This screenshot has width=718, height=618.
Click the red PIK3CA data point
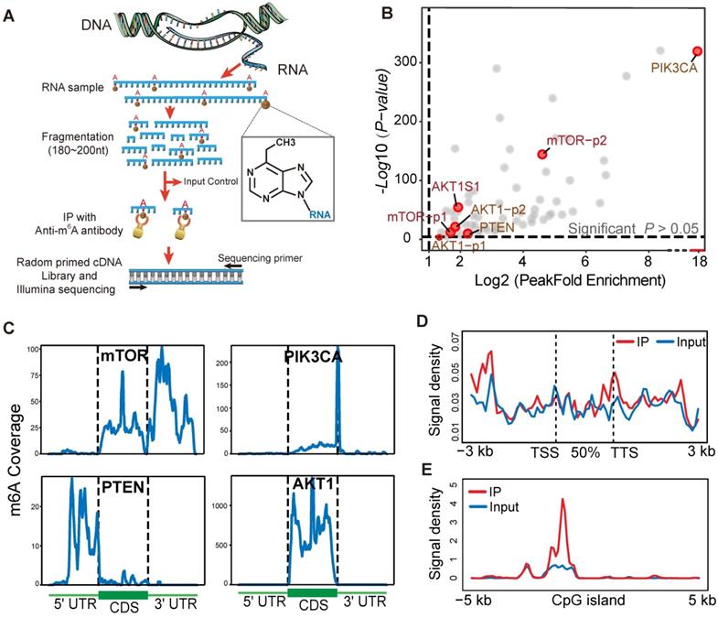(697, 51)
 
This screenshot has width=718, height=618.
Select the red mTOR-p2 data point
(542, 154)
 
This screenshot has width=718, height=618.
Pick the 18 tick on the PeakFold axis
(697, 263)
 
